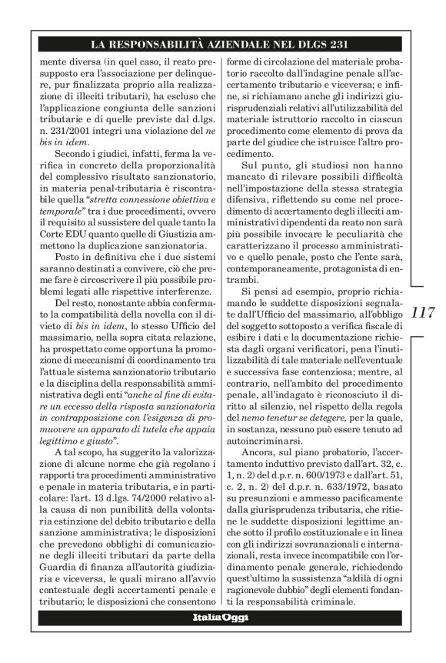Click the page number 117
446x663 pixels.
click(x=424, y=313)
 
